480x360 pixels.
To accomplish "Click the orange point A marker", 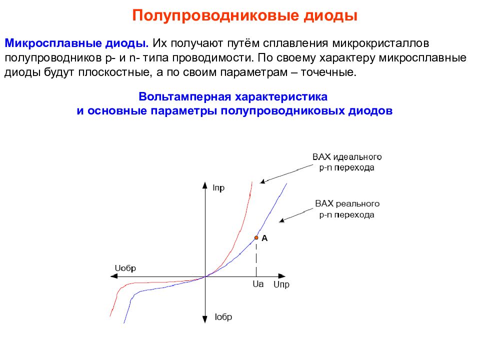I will (x=256, y=238).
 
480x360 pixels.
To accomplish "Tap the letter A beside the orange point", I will (x=265, y=238).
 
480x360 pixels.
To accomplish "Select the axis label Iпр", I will (x=218, y=188).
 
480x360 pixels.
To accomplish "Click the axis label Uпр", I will (x=281, y=285).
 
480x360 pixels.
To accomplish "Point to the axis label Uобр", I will (x=125, y=268).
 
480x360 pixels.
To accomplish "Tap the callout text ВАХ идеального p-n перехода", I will (x=346, y=162).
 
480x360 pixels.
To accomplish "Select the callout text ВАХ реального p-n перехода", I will (x=347, y=209).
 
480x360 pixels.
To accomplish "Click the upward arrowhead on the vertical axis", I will (x=205, y=184).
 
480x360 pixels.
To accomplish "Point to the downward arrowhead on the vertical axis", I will (x=205, y=318).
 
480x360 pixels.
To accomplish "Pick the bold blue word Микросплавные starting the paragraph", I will (x=44, y=43).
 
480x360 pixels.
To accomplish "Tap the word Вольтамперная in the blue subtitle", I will (x=183, y=96).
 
